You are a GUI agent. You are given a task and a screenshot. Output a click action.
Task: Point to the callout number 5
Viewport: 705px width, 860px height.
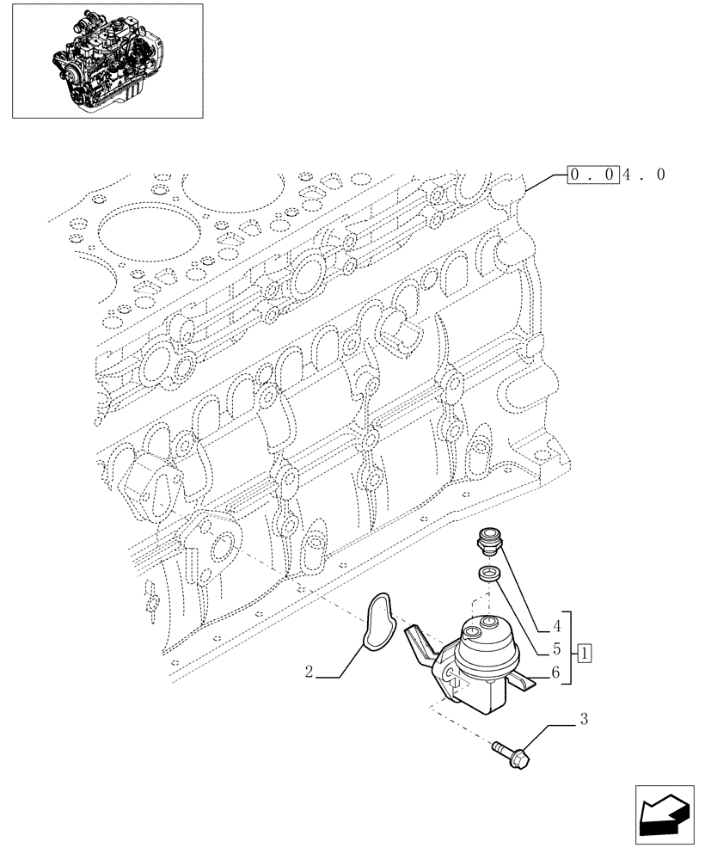tap(556, 650)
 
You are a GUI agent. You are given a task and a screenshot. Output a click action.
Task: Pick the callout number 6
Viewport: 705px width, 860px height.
tap(556, 675)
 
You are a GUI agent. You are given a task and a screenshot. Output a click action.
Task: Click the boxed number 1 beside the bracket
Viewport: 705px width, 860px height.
tap(584, 650)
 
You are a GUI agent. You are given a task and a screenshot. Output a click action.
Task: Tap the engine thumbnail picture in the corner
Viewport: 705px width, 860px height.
tap(107, 60)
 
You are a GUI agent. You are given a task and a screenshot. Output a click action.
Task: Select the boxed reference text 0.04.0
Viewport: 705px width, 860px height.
tap(616, 175)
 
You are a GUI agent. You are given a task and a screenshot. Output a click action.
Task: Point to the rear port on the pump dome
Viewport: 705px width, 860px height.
tap(488, 623)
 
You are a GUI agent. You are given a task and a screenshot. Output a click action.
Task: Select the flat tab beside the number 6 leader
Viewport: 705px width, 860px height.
tap(526, 683)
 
